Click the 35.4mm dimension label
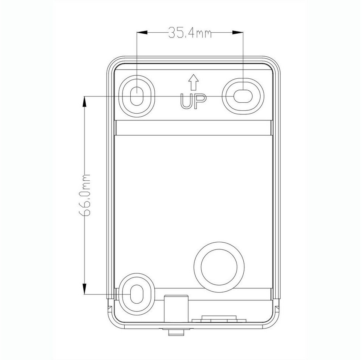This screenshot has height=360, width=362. (x=190, y=33)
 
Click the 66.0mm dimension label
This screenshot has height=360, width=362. (x=84, y=195)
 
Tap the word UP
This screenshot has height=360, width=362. (x=193, y=101)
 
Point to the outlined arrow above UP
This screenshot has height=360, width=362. (x=193, y=82)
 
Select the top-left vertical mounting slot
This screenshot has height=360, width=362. (x=137, y=96)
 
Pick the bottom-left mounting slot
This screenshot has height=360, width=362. (x=137, y=294)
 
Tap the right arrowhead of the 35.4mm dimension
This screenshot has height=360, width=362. (x=238, y=33)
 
